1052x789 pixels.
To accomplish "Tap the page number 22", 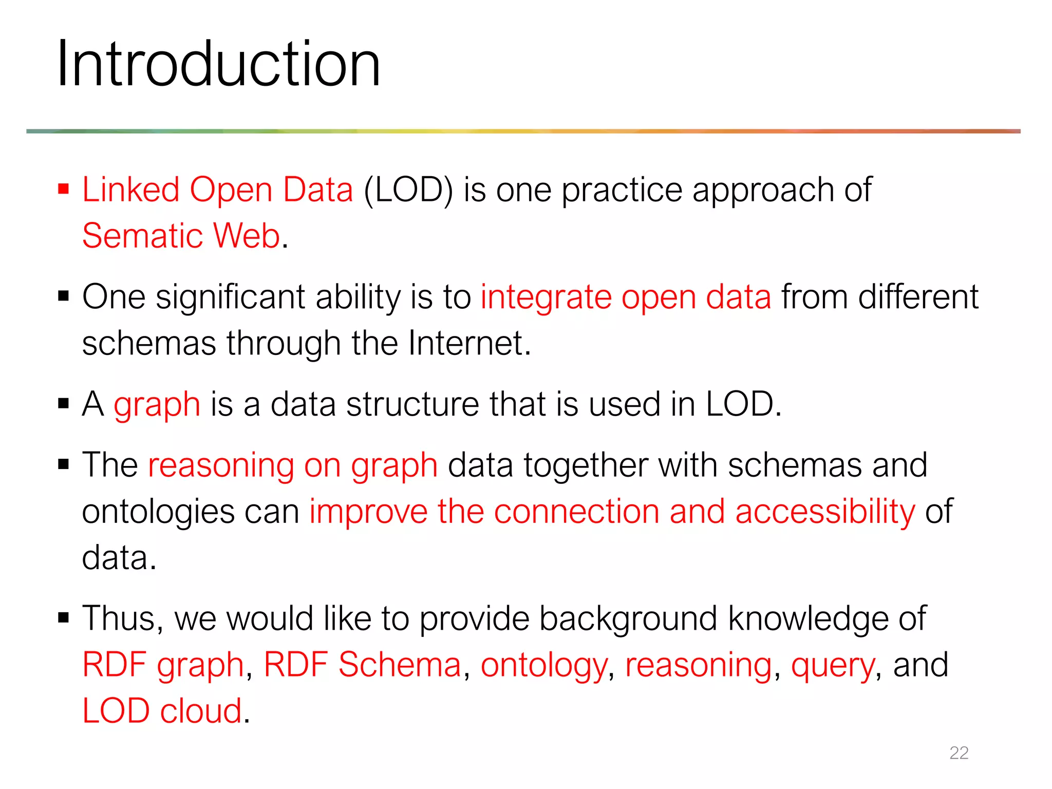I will pos(959,753).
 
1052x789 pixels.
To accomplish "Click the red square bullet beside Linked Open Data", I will pos(64,189).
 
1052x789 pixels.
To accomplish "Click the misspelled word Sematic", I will pos(142,236).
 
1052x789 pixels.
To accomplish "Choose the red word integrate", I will pos(546,298).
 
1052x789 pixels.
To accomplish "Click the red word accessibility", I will pos(825,512).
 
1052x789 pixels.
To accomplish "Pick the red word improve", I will pos(368,512).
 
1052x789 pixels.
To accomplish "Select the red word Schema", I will pos(400,665).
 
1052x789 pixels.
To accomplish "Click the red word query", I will pos(833,666).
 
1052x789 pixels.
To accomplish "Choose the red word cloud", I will pos(201,711).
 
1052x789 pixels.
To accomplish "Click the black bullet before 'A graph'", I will pos(64,404).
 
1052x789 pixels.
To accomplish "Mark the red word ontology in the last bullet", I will pos(544,666).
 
